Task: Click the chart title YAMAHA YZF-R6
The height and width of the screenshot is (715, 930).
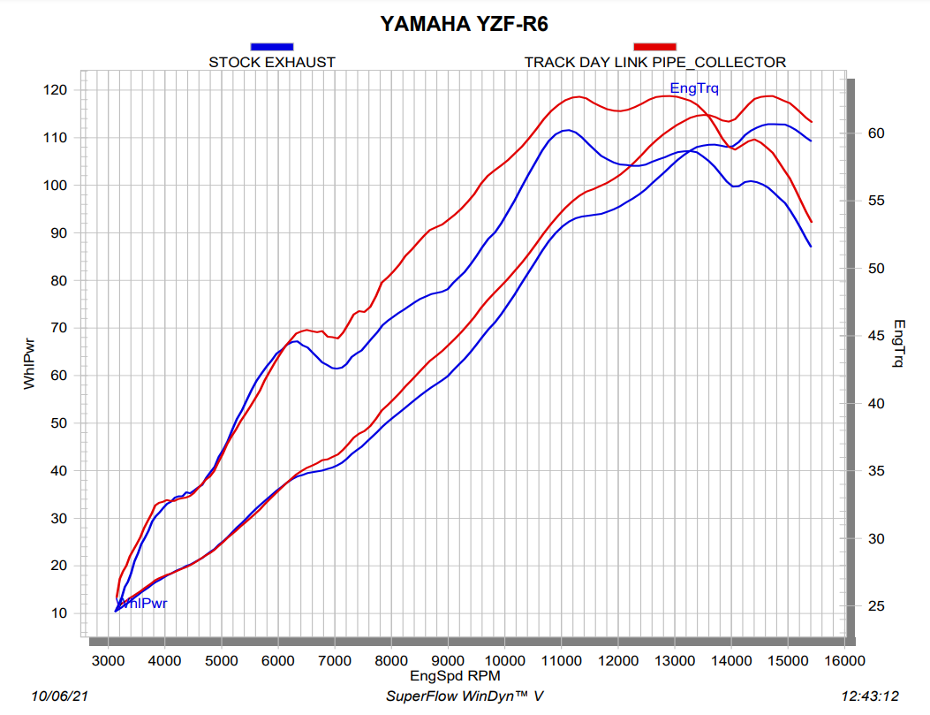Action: [x=465, y=24]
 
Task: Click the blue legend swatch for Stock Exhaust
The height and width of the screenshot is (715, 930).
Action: [x=272, y=46]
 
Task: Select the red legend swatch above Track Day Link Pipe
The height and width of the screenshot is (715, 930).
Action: [x=654, y=46]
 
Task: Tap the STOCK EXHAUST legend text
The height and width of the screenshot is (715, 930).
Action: [x=272, y=63]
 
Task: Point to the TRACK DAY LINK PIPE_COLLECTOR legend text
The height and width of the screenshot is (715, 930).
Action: [x=654, y=63]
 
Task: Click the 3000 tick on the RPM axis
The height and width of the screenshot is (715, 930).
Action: [x=108, y=659]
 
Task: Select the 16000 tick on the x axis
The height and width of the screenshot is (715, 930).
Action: [x=843, y=659]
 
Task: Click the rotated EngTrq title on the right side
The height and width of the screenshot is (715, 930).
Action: [x=898, y=344]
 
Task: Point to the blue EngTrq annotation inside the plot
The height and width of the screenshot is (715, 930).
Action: [x=694, y=87]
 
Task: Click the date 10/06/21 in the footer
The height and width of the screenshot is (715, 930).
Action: [x=59, y=696]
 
